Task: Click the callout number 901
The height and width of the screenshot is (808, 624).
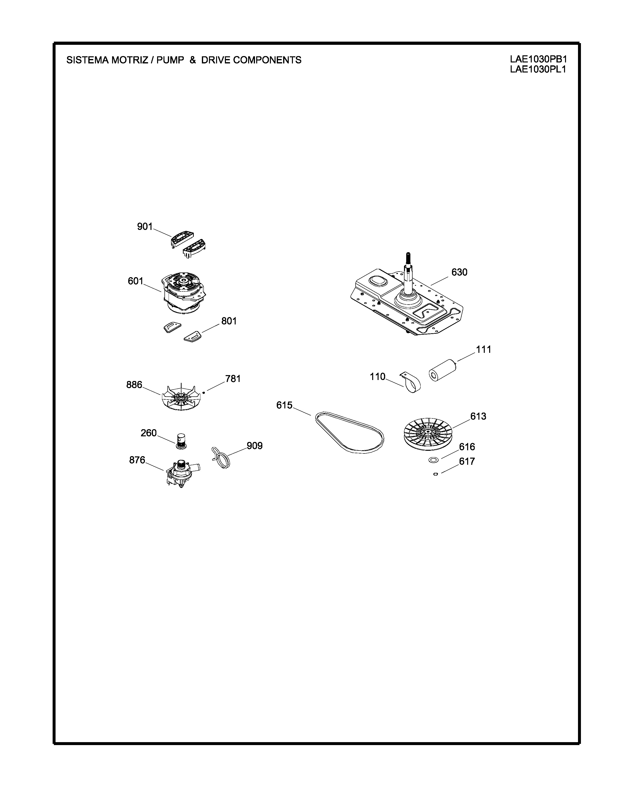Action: tap(145, 226)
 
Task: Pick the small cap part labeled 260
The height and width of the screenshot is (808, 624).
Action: tap(181, 441)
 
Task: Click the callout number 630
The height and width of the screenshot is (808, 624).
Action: tap(459, 272)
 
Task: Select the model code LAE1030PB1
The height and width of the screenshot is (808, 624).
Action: tap(538, 59)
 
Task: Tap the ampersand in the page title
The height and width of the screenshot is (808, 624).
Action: tap(193, 60)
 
